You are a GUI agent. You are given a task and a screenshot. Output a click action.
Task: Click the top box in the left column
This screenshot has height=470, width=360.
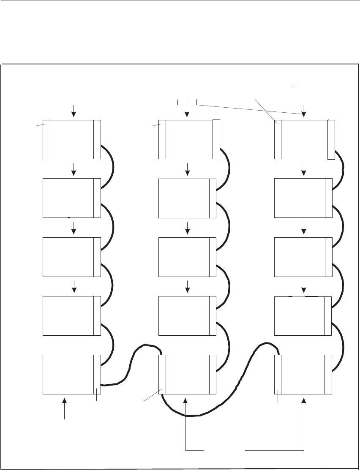(72, 139)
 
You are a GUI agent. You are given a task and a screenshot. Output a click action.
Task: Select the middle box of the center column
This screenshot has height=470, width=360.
(187, 257)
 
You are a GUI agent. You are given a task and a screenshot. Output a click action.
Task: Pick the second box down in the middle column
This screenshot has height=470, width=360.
(187, 198)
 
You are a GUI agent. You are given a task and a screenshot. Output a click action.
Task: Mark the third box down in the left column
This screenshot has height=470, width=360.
(72, 257)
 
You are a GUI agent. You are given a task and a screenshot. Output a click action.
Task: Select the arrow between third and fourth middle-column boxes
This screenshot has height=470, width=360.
(187, 287)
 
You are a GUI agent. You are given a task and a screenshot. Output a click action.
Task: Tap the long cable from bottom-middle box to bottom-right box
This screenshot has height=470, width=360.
(237, 397)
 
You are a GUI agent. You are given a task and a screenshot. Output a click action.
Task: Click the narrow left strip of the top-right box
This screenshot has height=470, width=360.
(278, 139)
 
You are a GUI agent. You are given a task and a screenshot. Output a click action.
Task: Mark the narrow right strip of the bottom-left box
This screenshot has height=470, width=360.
(97, 374)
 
